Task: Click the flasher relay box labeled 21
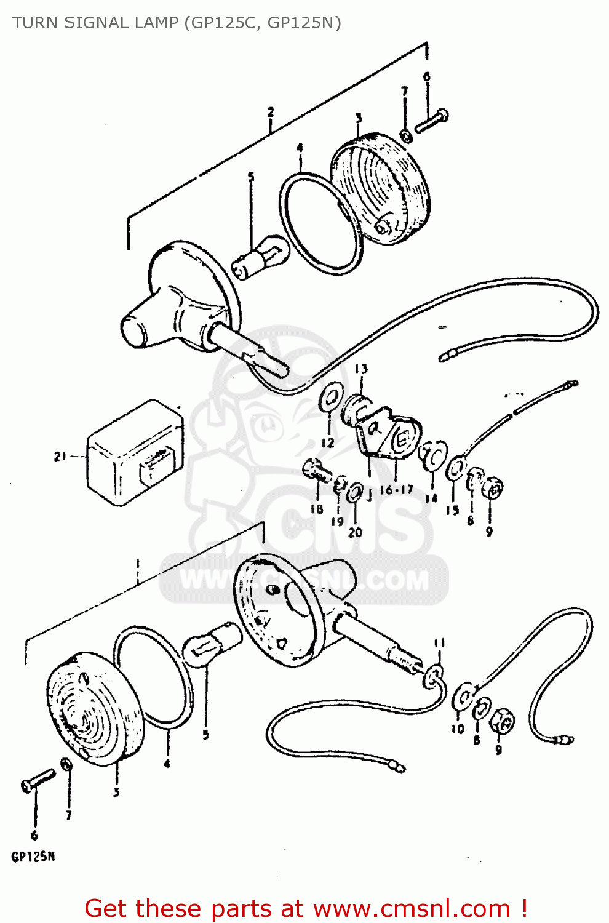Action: click(134, 454)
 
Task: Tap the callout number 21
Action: click(60, 457)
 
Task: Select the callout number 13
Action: click(361, 369)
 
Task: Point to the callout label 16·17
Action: click(396, 490)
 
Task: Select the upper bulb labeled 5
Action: click(260, 257)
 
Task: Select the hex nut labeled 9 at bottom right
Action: click(501, 721)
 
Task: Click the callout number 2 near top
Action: click(270, 112)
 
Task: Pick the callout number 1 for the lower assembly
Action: click(138, 564)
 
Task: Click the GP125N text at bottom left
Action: click(33, 857)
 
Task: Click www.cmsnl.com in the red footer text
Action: click(412, 908)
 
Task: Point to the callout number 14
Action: click(431, 498)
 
